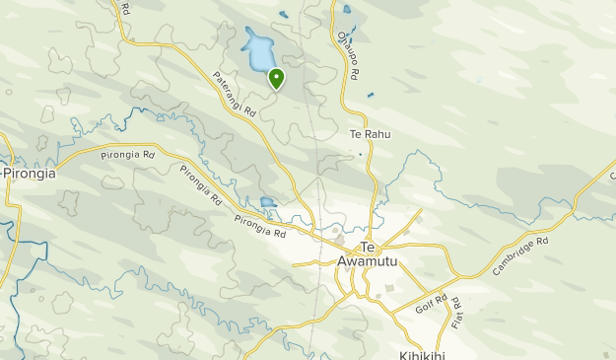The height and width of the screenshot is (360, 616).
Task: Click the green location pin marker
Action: point(276,78)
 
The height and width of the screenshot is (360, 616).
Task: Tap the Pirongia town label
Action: point(29,173)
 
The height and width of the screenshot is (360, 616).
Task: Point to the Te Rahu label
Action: point(370,134)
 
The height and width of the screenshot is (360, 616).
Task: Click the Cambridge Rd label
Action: point(519,256)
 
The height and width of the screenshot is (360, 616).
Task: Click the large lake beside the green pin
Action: point(259,50)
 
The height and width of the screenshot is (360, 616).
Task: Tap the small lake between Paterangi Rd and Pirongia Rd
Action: point(267,204)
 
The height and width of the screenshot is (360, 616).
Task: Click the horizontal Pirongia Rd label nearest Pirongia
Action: point(128,155)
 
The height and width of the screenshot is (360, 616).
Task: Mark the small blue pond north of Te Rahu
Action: point(370,96)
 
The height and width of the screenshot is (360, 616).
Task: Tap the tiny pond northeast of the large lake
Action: point(283,15)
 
